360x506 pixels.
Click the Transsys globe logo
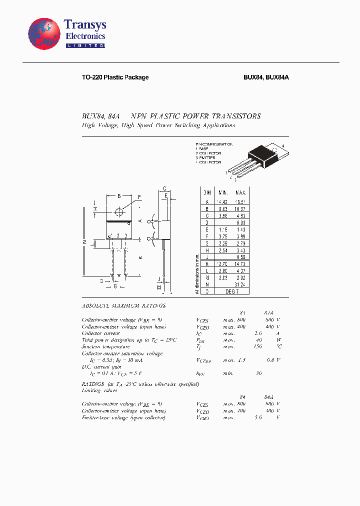click(x=44, y=35)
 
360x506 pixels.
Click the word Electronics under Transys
click(x=85, y=36)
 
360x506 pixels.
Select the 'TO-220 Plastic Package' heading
click(x=115, y=77)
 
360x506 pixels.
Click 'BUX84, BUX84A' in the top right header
click(x=266, y=77)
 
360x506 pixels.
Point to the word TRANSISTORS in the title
click(x=234, y=116)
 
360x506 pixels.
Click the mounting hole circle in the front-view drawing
click(x=118, y=210)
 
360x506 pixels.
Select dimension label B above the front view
click(x=118, y=196)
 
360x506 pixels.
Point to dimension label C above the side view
click(x=164, y=189)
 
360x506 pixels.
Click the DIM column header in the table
click(x=206, y=192)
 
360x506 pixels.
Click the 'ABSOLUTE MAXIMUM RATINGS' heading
click(x=123, y=305)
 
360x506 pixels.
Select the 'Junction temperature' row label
click(x=105, y=346)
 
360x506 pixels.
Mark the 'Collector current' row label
click(x=100, y=333)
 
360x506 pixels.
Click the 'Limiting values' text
click(x=95, y=390)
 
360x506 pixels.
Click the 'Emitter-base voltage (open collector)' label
click(x=123, y=417)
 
